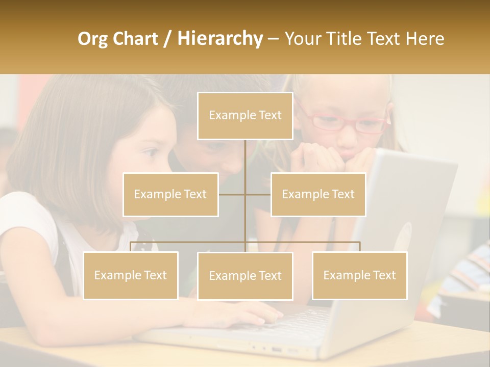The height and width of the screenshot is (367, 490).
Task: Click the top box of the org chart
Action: point(245,116)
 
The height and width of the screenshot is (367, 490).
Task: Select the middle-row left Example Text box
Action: point(170,194)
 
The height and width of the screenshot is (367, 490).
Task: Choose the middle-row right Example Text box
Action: point(318,194)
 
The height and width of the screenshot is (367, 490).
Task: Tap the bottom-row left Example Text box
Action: point(131,275)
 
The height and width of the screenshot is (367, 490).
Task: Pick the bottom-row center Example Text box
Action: point(245,276)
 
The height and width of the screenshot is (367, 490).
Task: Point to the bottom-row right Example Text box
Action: point(360,275)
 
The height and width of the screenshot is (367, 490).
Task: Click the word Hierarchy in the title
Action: point(219,39)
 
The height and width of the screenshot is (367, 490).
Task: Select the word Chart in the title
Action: point(136,39)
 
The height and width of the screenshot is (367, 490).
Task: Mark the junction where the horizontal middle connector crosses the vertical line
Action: point(245,194)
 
